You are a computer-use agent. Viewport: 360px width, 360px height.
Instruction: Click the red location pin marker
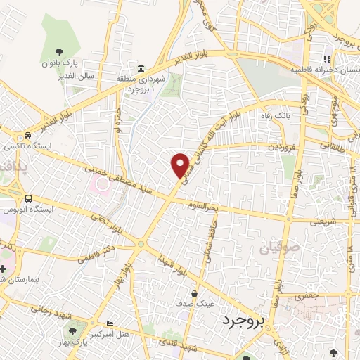pos(181,165)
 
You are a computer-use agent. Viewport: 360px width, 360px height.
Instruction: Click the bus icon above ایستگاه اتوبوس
pos(29,198)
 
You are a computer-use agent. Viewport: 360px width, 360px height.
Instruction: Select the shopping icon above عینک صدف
pos(194,293)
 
